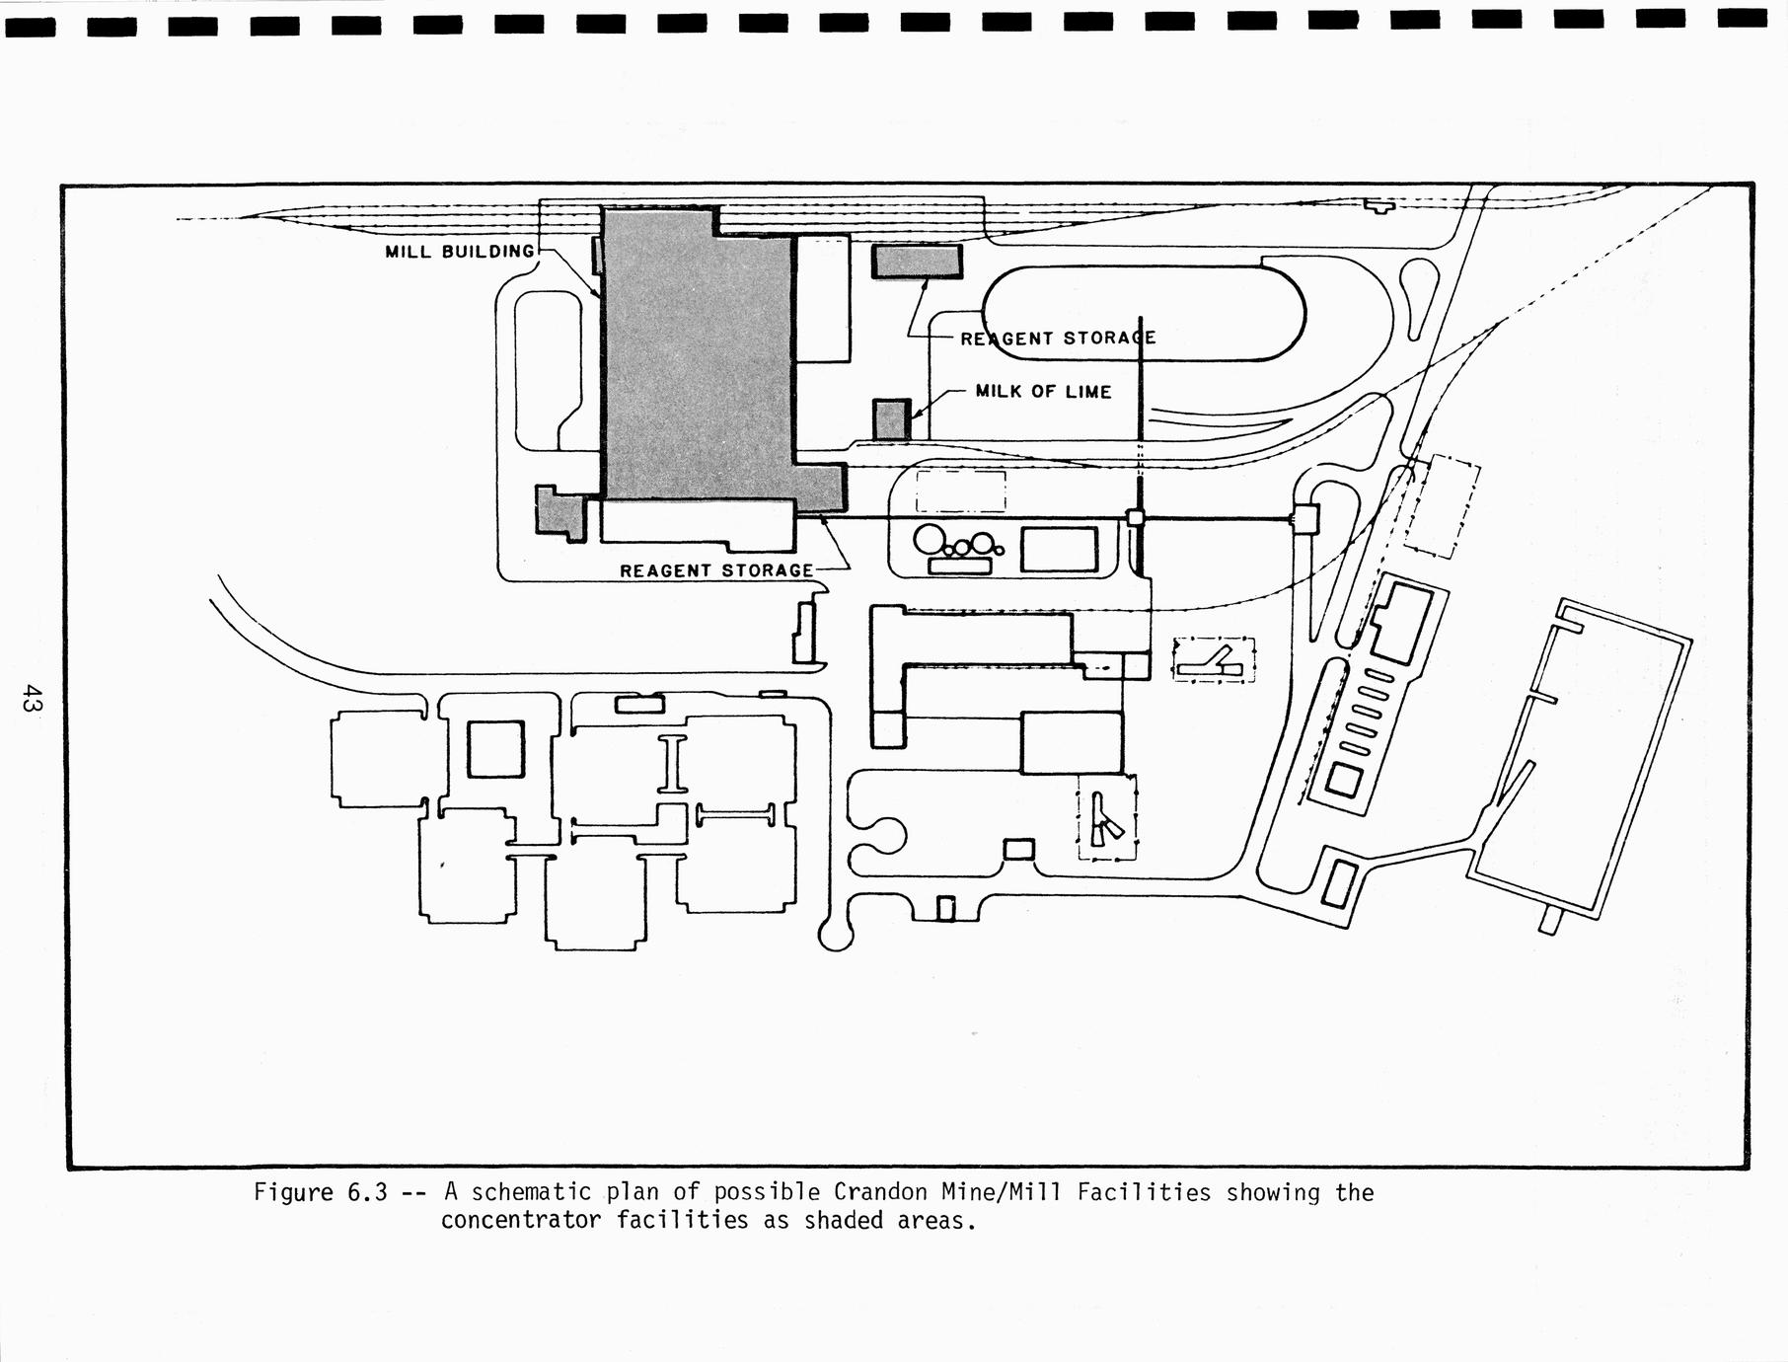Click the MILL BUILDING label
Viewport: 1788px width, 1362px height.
(x=459, y=252)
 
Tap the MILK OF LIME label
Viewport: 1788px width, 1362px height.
(x=1043, y=392)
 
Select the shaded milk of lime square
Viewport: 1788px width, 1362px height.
(x=891, y=419)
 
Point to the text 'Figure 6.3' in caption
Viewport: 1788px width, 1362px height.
(x=320, y=1192)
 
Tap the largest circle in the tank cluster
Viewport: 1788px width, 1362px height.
(x=930, y=540)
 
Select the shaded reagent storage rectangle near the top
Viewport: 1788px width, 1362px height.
(x=917, y=262)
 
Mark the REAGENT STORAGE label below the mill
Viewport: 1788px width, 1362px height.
(x=716, y=570)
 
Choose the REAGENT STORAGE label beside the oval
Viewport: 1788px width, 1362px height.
(x=1058, y=339)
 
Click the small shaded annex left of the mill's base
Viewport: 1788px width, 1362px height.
(x=559, y=511)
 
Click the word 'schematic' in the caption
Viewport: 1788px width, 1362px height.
(x=531, y=1192)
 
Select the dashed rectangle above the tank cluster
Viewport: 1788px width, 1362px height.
(x=960, y=492)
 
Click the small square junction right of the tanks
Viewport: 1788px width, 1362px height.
(x=1136, y=517)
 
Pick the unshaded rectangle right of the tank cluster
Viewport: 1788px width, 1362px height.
(x=1059, y=550)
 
